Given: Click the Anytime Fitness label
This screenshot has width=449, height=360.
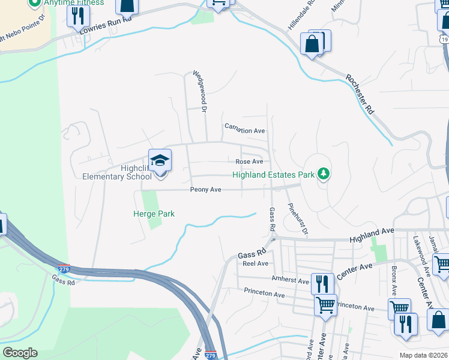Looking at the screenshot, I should tap(73, 2).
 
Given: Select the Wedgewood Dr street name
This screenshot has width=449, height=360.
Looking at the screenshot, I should tap(199, 92).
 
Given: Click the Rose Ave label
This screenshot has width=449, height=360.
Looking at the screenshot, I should tap(249, 161).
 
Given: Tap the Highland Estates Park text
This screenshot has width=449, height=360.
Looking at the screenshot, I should tap(274, 175).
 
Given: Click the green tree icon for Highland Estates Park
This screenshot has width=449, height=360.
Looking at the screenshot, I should tap(324, 174).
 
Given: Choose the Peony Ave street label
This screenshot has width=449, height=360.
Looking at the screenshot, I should tap(206, 190).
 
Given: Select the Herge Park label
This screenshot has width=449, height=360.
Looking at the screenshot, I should tap(154, 214).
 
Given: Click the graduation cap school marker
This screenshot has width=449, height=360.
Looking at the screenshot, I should tap(160, 161).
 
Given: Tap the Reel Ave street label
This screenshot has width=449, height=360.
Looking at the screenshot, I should tap(255, 263).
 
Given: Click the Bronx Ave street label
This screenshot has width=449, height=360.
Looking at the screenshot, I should tap(394, 280).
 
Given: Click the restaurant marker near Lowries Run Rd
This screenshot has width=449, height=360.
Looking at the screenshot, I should tap(77, 15).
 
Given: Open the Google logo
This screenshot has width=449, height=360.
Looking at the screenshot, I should tap(20, 353).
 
